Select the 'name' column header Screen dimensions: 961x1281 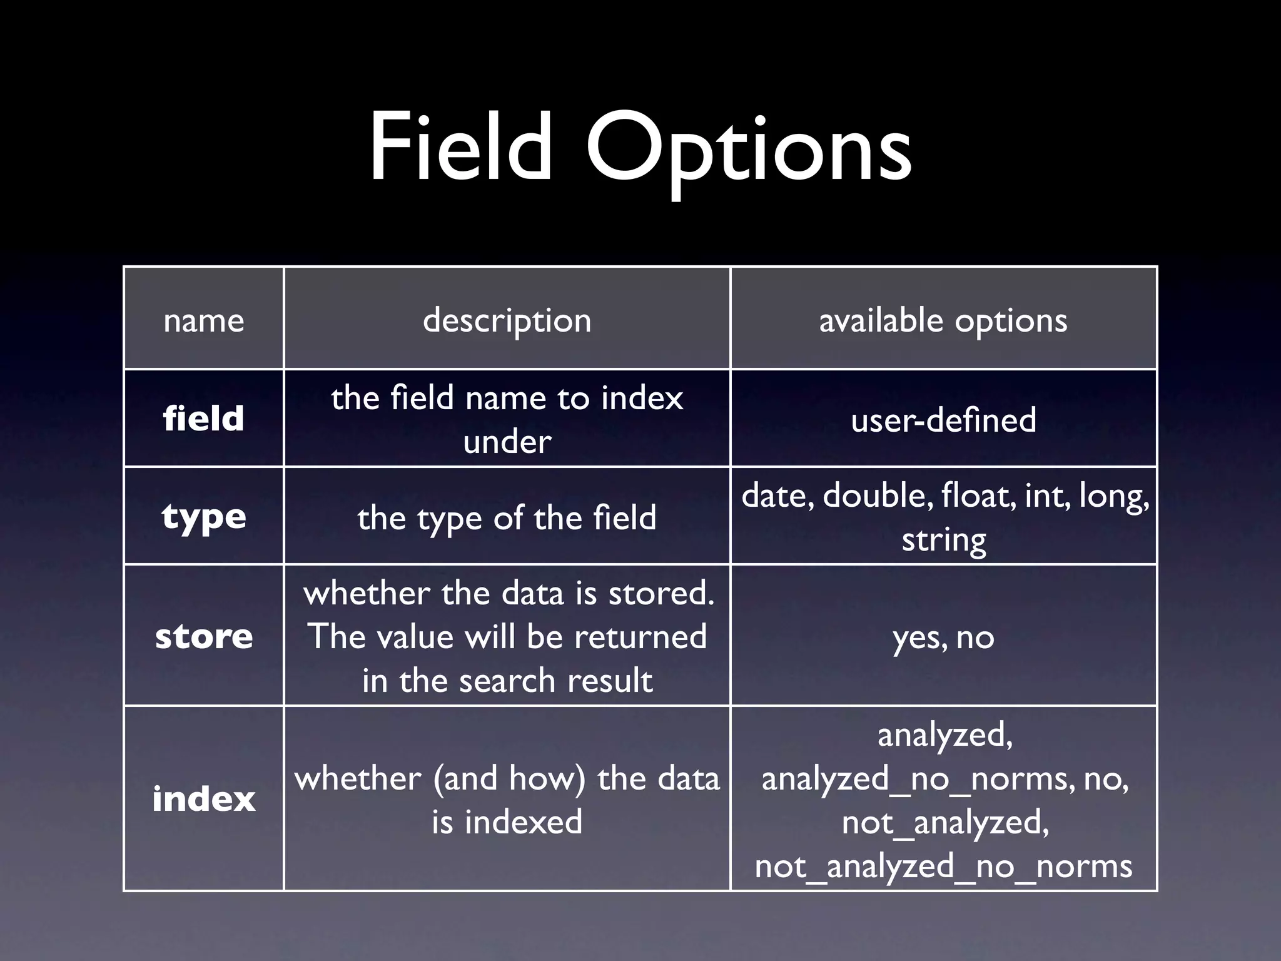(x=203, y=320)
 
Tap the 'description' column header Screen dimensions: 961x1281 (x=507, y=320)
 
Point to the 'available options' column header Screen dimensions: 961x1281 (x=943, y=320)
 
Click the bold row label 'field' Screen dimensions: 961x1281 (x=203, y=418)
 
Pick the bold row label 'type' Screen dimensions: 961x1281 (x=203, y=517)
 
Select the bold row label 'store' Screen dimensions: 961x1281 (x=203, y=636)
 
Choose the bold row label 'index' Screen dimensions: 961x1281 (x=203, y=799)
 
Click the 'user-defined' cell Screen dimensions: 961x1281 (x=943, y=419)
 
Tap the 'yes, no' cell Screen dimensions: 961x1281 (x=943, y=638)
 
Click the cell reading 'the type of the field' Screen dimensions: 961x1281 (x=507, y=518)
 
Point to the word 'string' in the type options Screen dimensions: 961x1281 (x=943, y=539)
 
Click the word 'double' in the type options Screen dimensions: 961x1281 (x=874, y=496)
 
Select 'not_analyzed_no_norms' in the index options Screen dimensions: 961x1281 (x=943, y=866)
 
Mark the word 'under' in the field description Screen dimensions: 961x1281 (x=507, y=442)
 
